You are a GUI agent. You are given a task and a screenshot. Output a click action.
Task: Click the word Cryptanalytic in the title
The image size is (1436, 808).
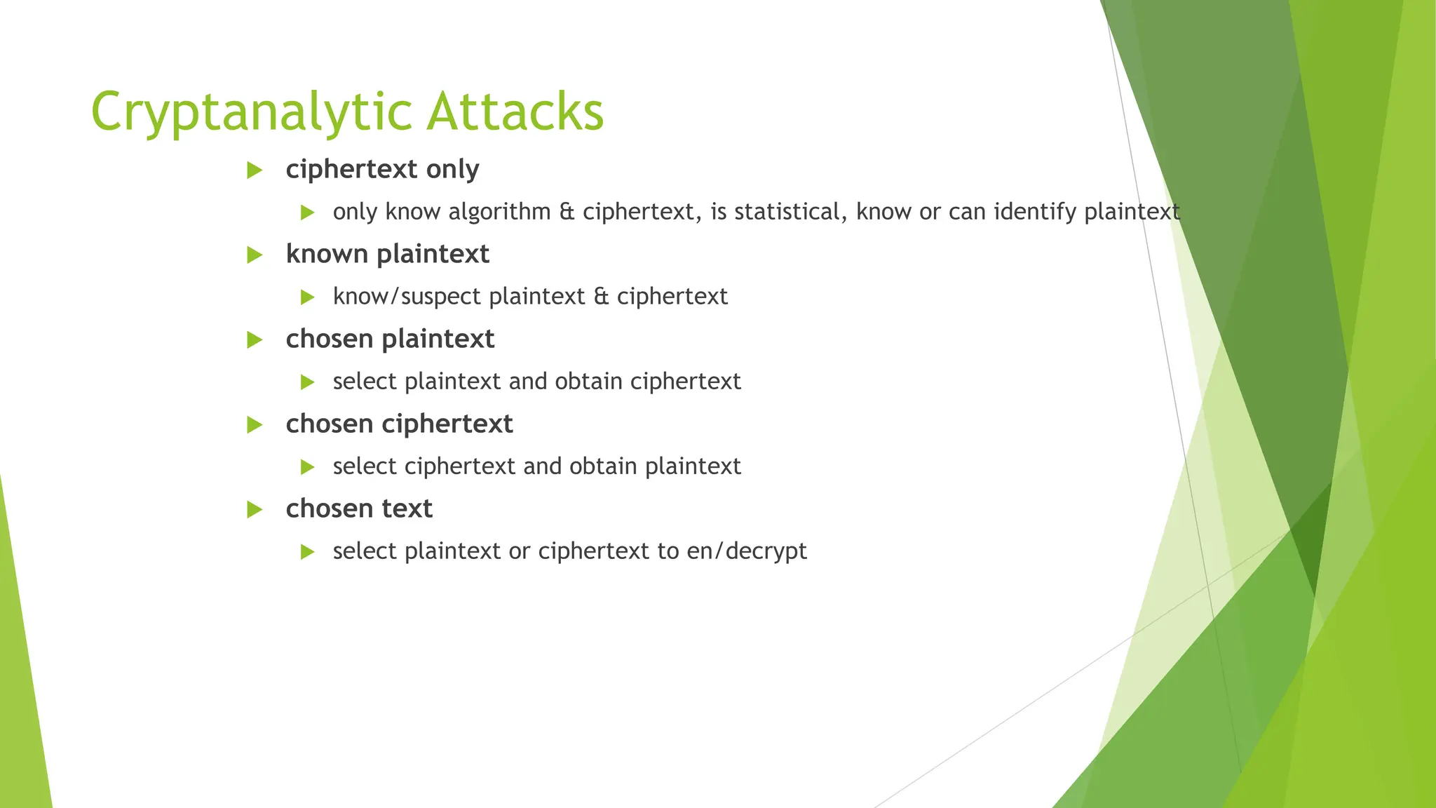tap(252, 112)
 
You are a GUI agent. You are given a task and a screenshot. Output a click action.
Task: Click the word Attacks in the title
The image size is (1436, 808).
tap(515, 112)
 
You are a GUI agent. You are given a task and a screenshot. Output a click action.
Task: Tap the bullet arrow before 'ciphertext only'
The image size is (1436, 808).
tap(255, 170)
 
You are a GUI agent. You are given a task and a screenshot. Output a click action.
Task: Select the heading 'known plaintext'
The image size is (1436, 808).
tap(387, 255)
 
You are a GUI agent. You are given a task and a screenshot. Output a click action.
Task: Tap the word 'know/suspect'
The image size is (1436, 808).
tap(407, 297)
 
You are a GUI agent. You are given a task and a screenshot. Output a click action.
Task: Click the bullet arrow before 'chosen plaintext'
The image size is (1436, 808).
tap(255, 340)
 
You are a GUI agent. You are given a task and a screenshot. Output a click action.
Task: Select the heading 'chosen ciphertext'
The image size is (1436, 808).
tap(399, 424)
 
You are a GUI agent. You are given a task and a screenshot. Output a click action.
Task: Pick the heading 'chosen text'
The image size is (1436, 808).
tap(359, 509)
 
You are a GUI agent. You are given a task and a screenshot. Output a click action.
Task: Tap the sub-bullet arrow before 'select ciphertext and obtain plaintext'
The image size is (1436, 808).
tap(307, 467)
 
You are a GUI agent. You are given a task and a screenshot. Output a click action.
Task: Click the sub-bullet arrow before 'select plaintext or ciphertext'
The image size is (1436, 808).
tap(307, 552)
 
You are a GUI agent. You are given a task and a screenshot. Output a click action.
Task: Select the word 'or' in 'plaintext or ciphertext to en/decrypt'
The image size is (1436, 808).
tap(519, 552)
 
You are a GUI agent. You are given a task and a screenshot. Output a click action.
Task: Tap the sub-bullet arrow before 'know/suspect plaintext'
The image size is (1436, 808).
tap(307, 297)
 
